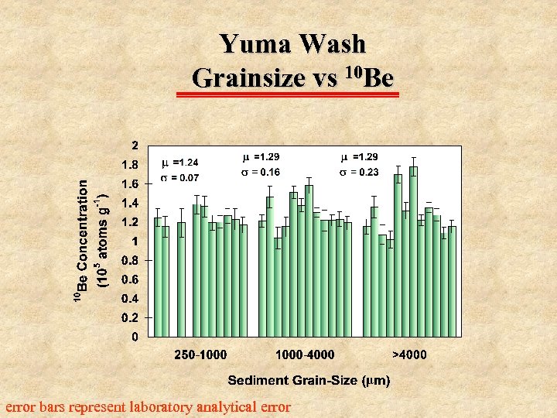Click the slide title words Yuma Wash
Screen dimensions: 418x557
(292, 43)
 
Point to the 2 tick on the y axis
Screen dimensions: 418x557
(135, 146)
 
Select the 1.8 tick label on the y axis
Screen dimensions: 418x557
(130, 165)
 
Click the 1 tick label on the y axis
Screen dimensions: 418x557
(135, 242)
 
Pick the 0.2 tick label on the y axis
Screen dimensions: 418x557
(130, 317)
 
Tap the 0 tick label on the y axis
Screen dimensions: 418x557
(135, 337)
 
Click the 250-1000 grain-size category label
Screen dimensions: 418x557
(200, 355)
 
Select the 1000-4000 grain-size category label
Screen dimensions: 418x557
(305, 355)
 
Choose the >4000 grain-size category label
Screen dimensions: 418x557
(408, 355)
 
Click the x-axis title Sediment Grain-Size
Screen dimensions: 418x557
(309, 380)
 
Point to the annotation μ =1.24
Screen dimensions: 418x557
(179, 163)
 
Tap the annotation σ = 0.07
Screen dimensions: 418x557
(179, 178)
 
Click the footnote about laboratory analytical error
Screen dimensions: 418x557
(148, 406)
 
